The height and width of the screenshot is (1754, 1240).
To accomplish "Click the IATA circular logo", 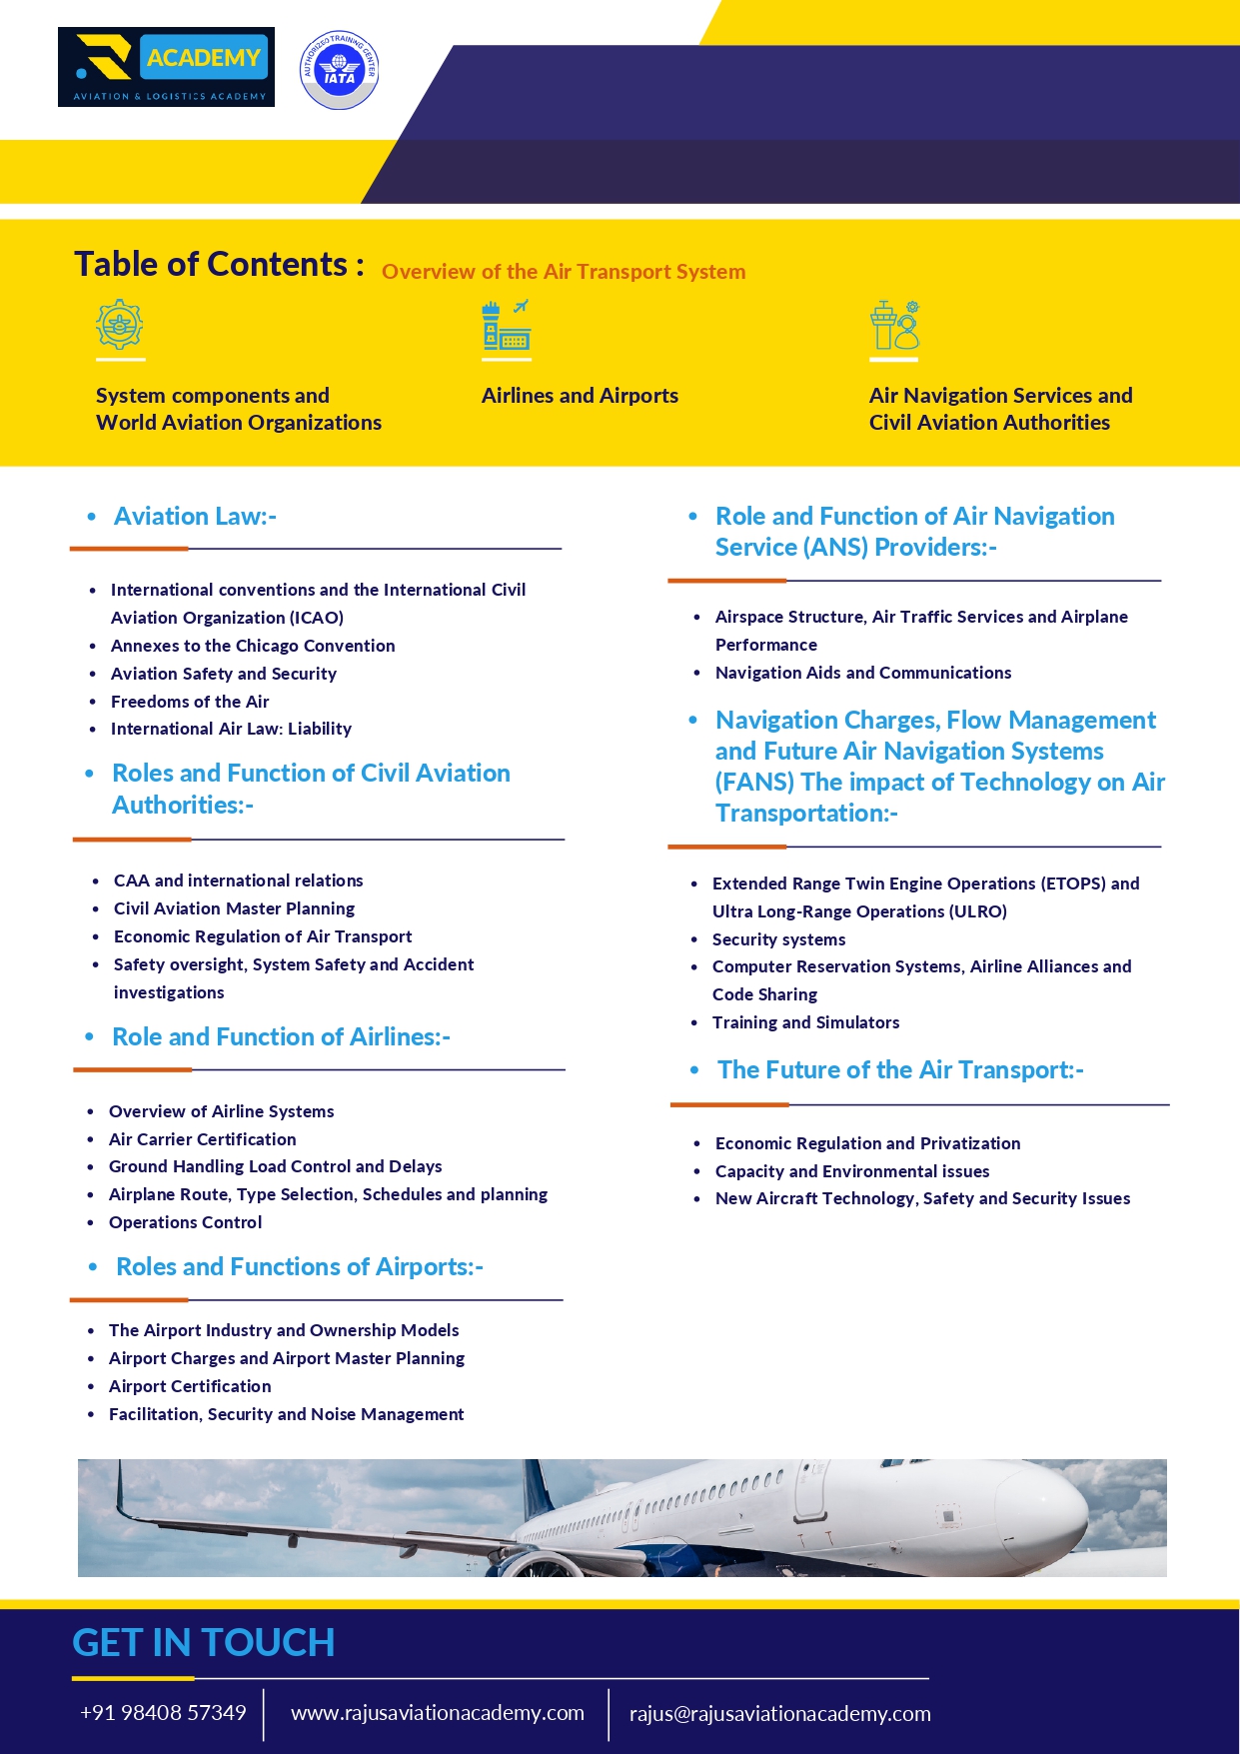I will coord(340,69).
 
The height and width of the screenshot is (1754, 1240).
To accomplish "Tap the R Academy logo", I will coord(166,67).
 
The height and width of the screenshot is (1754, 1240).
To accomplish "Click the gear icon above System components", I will coord(120,325).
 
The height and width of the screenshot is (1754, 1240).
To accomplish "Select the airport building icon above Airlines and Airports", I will coord(507,325).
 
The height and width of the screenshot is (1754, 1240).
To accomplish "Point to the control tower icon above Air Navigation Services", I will coord(893,325).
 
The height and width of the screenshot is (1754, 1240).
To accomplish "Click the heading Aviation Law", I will coord(195,517).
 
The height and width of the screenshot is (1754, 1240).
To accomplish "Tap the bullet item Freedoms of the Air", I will coord(190,702).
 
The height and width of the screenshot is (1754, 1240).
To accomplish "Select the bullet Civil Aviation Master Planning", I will coord(234,908).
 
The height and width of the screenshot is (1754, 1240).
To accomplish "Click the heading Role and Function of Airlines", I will coord(281,1037).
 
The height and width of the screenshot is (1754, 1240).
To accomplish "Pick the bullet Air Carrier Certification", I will coord(203,1139).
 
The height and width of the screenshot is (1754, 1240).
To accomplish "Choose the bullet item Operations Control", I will coord(186,1222).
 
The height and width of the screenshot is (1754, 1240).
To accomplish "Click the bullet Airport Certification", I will coord(190,1386).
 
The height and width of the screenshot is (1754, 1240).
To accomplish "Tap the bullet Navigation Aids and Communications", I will coord(863,673).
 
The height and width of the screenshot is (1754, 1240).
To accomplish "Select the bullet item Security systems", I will coord(778,939).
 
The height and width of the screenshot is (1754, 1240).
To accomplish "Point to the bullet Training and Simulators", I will coord(805,1022).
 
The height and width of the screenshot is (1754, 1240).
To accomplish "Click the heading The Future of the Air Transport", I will coord(900,1070).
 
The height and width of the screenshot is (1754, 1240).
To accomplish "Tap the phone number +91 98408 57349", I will coord(163,1713).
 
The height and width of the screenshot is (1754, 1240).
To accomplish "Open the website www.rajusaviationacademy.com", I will coord(438,1713).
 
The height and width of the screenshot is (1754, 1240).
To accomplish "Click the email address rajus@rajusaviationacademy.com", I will coord(779,1714).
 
